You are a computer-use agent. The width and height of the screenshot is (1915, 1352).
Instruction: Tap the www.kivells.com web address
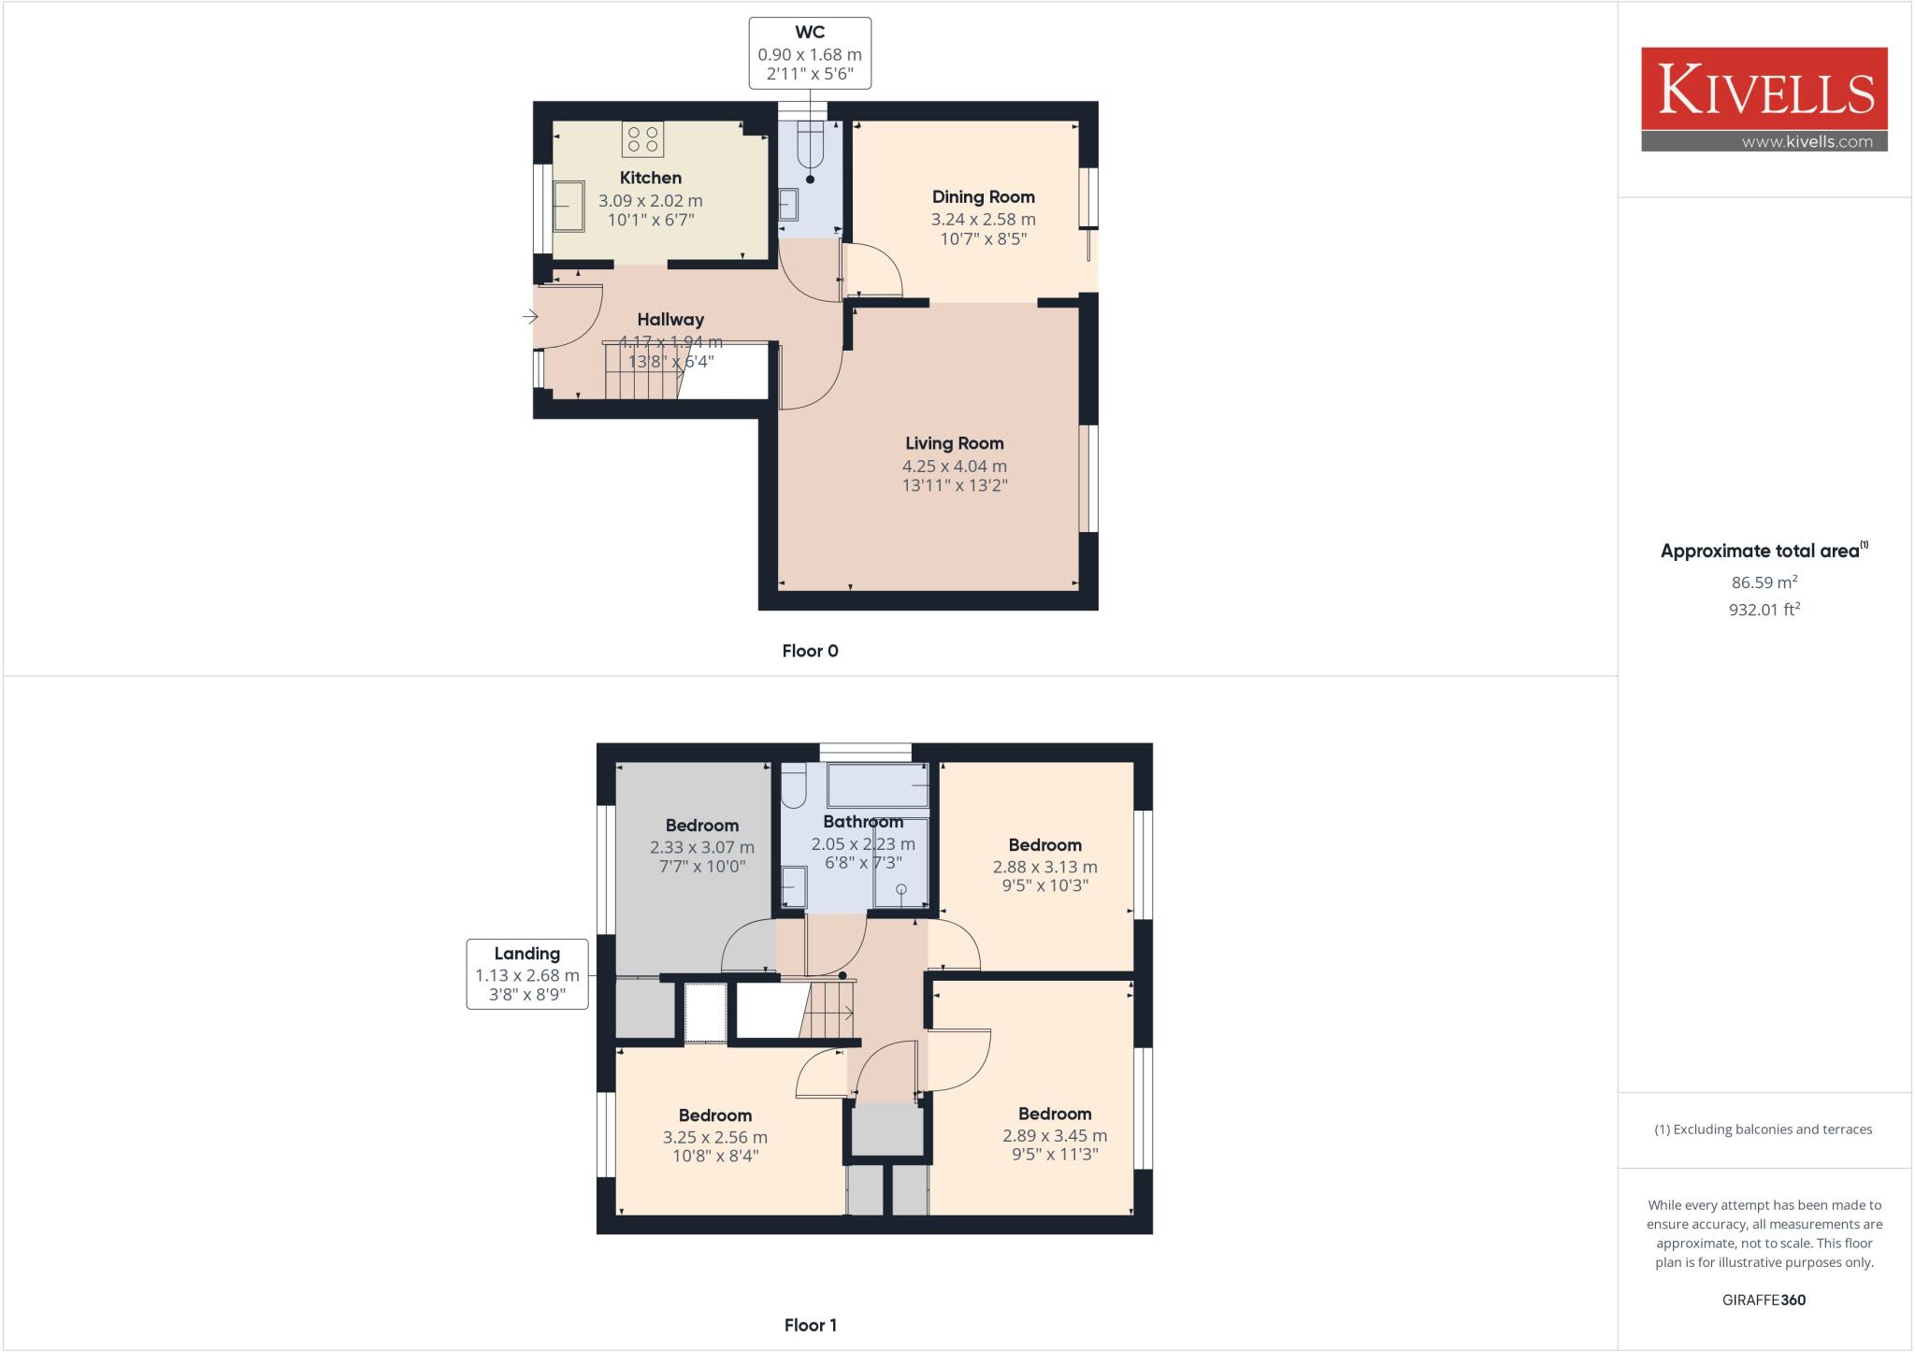1807,142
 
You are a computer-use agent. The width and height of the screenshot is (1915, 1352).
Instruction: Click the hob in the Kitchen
642,139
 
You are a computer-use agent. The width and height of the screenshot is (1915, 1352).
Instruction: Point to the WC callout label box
810,53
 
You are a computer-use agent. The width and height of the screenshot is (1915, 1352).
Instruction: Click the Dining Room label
983,197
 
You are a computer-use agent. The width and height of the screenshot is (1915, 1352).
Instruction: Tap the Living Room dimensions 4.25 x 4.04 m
954,466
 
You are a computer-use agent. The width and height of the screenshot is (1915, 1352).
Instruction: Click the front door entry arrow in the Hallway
530,318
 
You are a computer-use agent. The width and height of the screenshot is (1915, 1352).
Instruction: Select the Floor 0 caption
810,651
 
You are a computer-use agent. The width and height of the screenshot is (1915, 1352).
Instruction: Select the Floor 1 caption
810,1325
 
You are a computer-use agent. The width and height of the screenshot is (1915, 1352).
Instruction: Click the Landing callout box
527,974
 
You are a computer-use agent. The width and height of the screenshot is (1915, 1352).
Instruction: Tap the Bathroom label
863,822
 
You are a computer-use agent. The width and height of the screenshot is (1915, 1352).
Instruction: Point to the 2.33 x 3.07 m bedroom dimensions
701,847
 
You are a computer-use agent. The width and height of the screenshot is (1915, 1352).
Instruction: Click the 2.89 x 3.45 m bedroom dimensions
1054,1136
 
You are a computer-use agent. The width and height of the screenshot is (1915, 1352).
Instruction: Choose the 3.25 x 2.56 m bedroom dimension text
714,1138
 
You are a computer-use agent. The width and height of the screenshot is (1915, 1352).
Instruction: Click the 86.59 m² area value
1764,582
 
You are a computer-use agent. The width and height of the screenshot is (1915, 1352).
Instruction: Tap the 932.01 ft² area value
1764,610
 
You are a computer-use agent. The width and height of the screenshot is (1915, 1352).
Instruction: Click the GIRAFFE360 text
1764,1300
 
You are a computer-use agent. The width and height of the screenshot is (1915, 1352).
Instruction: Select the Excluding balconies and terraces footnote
1764,1129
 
